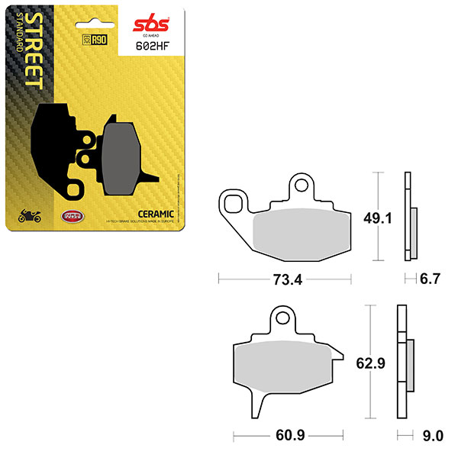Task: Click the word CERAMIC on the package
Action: click(157, 213)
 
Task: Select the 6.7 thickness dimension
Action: click(430, 279)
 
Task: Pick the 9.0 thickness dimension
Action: click(433, 437)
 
